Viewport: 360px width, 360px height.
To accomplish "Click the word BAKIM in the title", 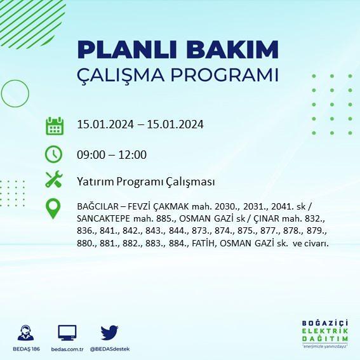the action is (232, 50).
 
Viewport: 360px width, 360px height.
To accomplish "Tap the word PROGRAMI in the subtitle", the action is (225, 75).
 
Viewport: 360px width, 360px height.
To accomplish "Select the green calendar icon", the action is (55, 126).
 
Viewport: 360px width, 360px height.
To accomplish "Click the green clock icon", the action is (54, 154).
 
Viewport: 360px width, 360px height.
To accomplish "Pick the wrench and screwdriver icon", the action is (54, 179).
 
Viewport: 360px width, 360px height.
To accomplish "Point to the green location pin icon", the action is (53, 208).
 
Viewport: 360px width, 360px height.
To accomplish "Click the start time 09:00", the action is (91, 155).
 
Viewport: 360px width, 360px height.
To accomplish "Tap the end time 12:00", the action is (133, 155).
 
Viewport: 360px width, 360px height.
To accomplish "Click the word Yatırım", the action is (95, 182).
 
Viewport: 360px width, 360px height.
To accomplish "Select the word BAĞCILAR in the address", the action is (98, 206).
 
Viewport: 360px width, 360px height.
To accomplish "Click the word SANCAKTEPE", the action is (103, 218).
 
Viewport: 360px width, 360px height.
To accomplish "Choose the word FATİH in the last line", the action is (204, 243).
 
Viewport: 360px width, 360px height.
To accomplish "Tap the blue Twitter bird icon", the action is (109, 332).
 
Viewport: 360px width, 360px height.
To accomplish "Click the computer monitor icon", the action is (67, 333).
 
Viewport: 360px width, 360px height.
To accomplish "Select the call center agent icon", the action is (25, 333).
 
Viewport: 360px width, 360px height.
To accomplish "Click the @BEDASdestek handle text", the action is (110, 349).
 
